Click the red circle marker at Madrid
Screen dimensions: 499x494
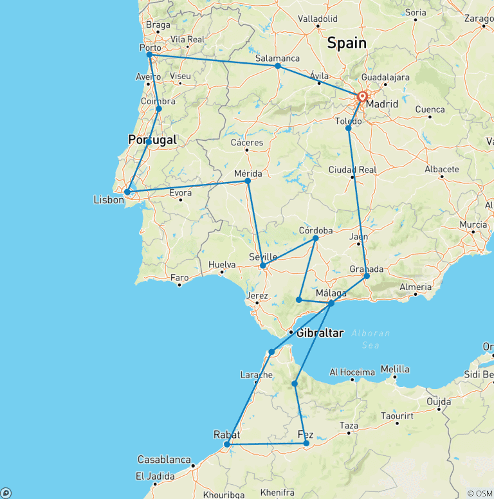click(x=362, y=97)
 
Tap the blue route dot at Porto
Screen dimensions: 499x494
click(x=149, y=55)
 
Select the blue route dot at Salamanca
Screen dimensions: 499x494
click(x=277, y=66)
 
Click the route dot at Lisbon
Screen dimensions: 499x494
click(x=127, y=192)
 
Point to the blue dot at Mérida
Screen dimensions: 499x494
click(x=248, y=181)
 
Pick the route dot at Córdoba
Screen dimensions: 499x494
click(x=316, y=238)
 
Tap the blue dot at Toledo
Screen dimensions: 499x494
click(x=349, y=128)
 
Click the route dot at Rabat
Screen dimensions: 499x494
click(x=226, y=444)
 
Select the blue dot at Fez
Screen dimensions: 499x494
click(x=306, y=443)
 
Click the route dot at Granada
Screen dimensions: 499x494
click(x=367, y=276)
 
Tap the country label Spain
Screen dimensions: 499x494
click(x=347, y=43)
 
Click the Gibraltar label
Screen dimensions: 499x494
click(x=320, y=332)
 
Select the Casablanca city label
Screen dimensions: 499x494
click(x=164, y=460)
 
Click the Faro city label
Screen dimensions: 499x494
click(x=179, y=278)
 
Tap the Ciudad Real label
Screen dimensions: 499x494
click(x=352, y=170)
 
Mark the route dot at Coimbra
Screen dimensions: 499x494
click(x=159, y=109)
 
